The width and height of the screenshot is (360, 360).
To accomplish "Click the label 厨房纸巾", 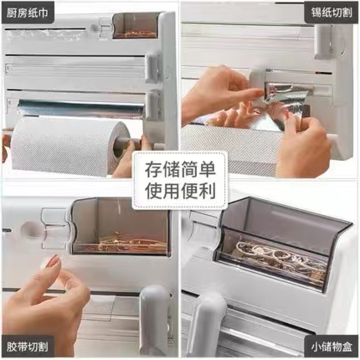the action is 27,13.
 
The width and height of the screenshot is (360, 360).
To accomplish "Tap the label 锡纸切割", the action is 332,12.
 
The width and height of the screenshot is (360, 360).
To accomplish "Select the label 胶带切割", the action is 27,347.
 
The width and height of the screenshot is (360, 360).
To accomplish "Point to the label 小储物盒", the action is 332,347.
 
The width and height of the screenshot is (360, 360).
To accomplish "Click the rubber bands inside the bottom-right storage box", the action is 276,256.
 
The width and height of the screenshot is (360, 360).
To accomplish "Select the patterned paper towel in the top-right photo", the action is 232,150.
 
